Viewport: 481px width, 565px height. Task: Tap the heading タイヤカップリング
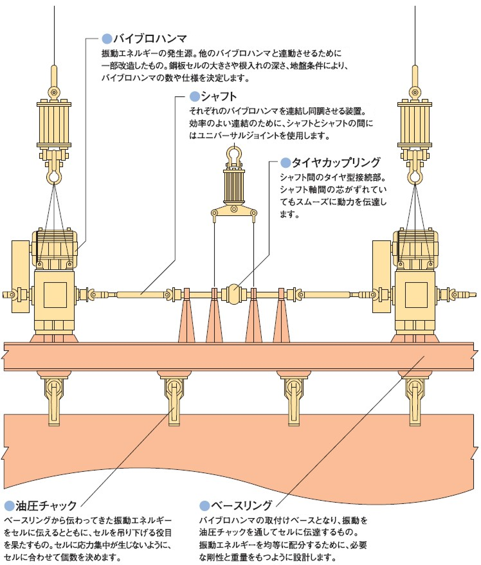[327, 162]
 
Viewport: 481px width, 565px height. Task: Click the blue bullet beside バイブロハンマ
[107, 37]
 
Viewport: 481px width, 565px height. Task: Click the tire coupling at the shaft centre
[233, 294]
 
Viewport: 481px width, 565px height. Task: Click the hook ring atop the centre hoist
[233, 155]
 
